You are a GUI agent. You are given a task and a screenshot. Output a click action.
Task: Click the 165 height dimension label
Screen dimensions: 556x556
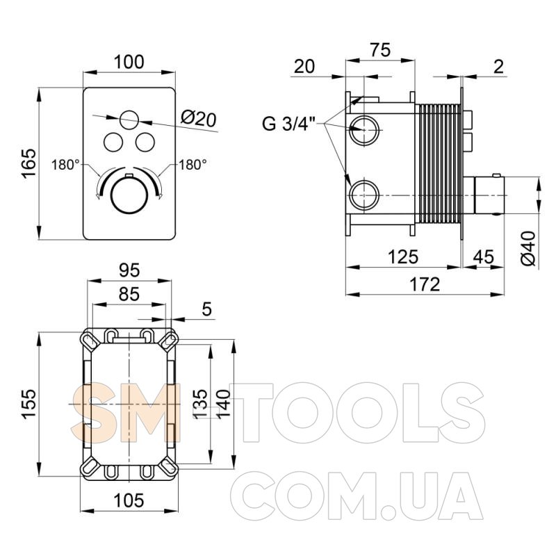click(28, 163)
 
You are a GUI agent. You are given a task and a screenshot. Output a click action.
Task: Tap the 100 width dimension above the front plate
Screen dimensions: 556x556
click(129, 62)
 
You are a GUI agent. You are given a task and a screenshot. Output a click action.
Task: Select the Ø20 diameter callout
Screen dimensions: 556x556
click(198, 119)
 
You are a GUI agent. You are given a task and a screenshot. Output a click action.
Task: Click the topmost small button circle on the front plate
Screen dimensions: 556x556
click(129, 120)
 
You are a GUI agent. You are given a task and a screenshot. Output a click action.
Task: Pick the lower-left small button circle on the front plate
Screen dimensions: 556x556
click(113, 142)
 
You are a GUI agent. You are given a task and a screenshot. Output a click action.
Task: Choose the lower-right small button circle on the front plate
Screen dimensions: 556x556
click(145, 142)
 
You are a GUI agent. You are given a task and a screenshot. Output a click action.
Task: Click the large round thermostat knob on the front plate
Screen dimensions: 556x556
click(129, 196)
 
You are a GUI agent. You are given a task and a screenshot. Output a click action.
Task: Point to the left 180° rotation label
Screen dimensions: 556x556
click(65, 165)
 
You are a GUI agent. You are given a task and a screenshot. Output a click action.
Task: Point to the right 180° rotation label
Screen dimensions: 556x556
click(193, 165)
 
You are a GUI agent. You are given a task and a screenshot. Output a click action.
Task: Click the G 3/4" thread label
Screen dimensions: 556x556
click(288, 124)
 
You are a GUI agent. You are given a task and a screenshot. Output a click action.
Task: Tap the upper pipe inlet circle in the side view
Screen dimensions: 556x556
click(364, 130)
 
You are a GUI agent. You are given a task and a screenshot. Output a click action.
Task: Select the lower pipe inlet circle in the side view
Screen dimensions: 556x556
click(364, 195)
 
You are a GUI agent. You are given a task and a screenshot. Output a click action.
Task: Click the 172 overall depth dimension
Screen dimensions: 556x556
click(425, 284)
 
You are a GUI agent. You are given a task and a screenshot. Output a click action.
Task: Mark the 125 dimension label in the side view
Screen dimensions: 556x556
click(403, 256)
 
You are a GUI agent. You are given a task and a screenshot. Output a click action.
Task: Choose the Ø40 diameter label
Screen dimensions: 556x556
click(529, 248)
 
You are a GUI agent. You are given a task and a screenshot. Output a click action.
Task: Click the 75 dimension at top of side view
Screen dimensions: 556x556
click(380, 50)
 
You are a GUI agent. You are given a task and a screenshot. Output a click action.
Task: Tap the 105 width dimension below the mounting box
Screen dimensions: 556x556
click(129, 500)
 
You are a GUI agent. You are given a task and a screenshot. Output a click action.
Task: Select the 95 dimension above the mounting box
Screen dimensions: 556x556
click(129, 270)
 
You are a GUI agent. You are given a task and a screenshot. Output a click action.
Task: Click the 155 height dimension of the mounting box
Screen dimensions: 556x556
click(28, 404)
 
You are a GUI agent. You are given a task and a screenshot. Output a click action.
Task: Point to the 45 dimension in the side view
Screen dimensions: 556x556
click(483, 256)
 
